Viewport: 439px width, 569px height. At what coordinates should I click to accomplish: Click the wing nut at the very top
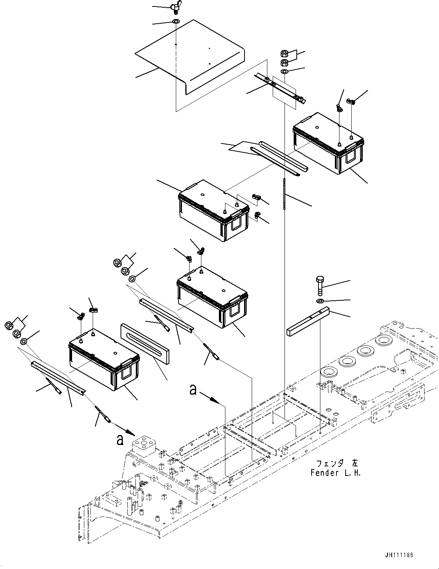point(177,8)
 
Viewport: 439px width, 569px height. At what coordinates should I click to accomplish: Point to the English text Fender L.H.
point(335,473)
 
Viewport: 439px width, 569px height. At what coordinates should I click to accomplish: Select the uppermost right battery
point(328,143)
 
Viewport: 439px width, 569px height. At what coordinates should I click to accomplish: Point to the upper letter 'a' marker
point(194,390)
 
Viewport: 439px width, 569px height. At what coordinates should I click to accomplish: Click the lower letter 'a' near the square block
point(120,440)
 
